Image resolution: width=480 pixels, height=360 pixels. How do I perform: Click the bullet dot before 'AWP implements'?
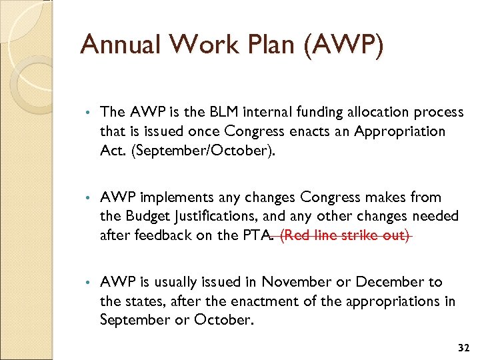click(x=88, y=198)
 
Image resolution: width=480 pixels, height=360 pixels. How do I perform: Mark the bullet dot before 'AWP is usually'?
click(x=88, y=283)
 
